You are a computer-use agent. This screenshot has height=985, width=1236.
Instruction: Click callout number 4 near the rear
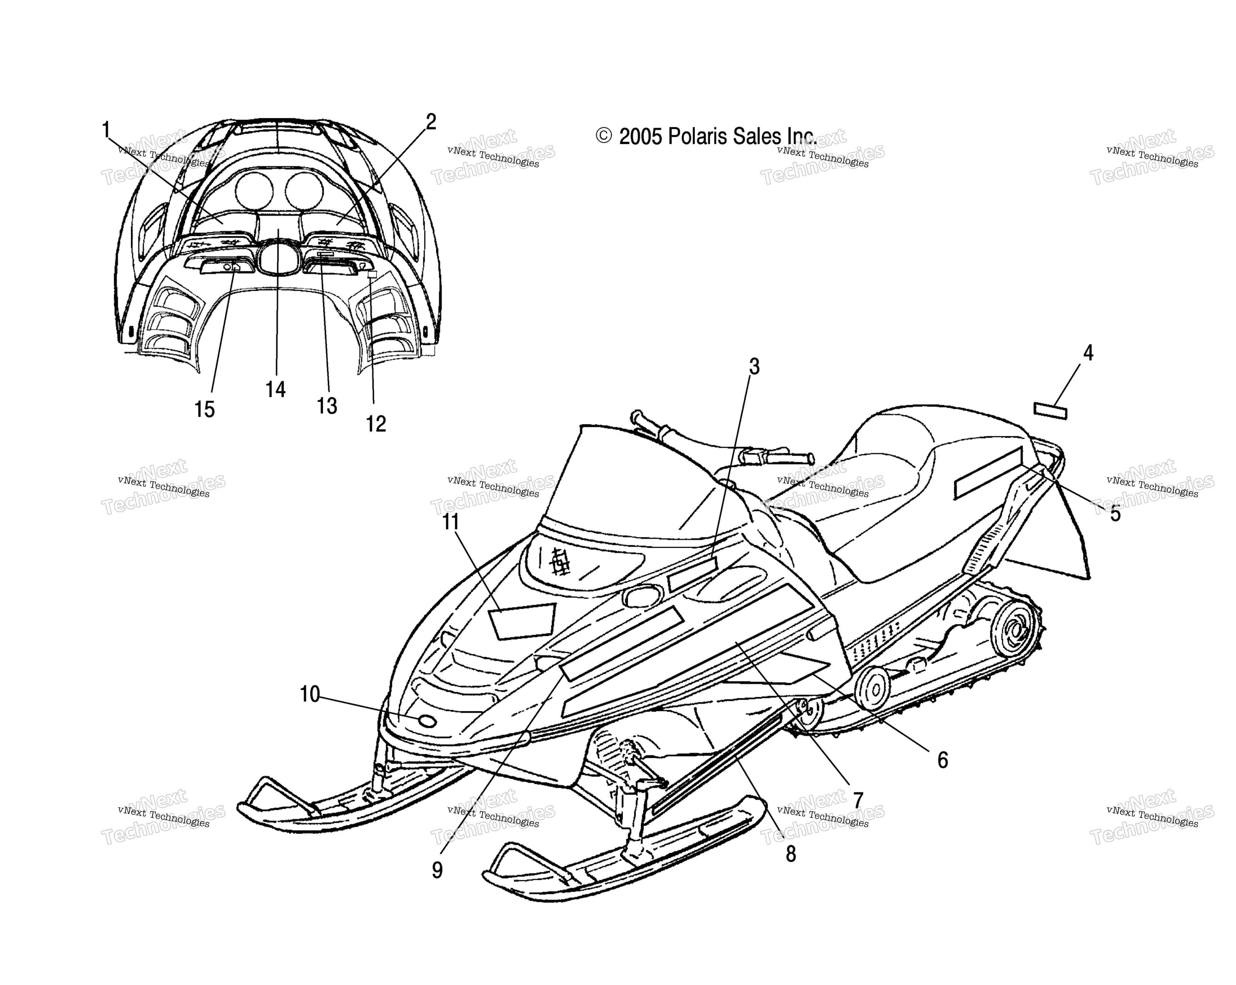(x=1088, y=353)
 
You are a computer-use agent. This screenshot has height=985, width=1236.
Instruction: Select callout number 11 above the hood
(x=451, y=522)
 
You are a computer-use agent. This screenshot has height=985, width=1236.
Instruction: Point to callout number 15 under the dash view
(x=204, y=409)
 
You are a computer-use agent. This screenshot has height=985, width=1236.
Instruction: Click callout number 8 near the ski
(x=790, y=854)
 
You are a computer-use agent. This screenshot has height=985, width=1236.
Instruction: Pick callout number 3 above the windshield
(x=754, y=366)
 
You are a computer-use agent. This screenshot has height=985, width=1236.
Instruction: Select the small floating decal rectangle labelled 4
(x=1050, y=411)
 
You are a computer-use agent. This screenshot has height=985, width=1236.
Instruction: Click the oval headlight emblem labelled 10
(x=428, y=721)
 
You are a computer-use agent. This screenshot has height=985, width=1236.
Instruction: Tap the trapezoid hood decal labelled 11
(x=522, y=620)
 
